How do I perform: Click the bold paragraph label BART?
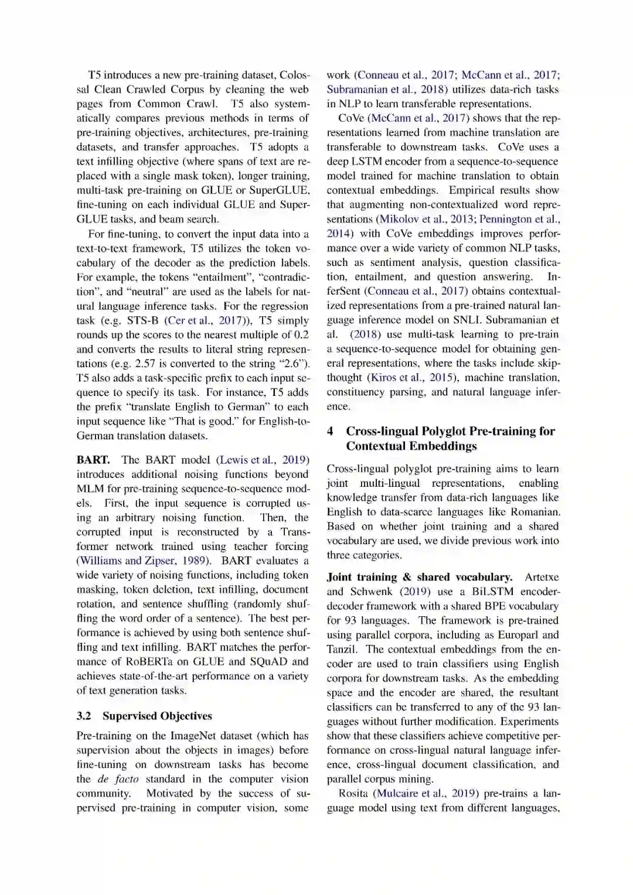point(93,460)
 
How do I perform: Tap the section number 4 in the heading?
point(331,432)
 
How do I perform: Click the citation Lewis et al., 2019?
point(263,460)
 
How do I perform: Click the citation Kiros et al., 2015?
point(416,378)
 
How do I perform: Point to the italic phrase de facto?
point(118,779)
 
